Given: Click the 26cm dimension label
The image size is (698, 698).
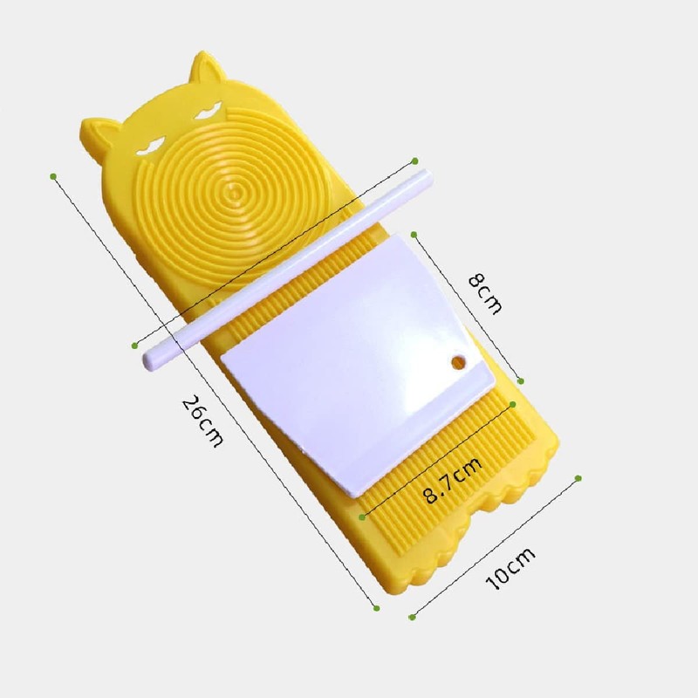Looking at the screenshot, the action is click(x=202, y=421).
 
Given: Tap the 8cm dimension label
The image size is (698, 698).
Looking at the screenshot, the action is click(x=485, y=294).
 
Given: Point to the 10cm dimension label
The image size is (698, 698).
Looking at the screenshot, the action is click(x=510, y=569).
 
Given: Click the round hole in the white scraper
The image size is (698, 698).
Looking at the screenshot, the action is click(x=458, y=362).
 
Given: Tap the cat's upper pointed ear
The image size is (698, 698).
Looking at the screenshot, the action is click(x=205, y=72).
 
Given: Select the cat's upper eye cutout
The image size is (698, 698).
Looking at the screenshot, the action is click(x=209, y=111).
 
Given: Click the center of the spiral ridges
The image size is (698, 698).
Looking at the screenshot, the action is click(x=233, y=192).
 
